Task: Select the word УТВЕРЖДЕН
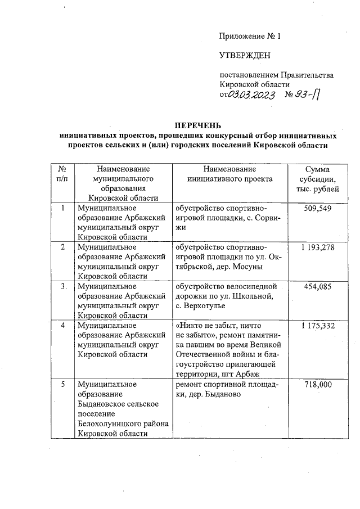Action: (244, 56)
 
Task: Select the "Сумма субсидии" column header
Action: (317, 179)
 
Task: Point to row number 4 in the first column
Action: (62, 326)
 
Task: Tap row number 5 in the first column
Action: (62, 384)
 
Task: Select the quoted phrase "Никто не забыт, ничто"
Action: (214, 326)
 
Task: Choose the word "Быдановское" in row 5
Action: (101, 404)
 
